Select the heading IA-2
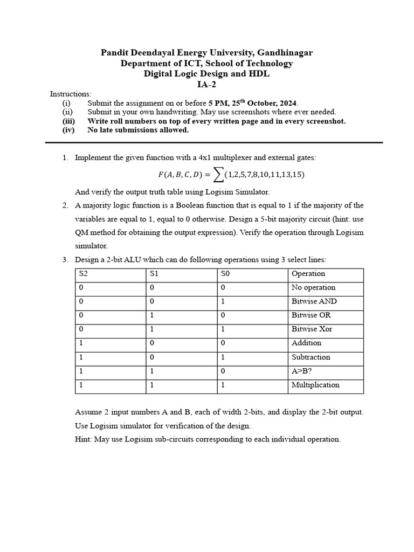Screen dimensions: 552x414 (206, 84)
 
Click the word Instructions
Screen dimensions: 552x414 (71, 94)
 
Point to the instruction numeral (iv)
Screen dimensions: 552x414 (67, 130)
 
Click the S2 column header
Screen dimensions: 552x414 (84, 274)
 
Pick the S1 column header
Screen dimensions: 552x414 (154, 274)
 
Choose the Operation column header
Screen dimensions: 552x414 (308, 274)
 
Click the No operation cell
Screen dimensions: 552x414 (313, 288)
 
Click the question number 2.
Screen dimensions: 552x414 (65, 205)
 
